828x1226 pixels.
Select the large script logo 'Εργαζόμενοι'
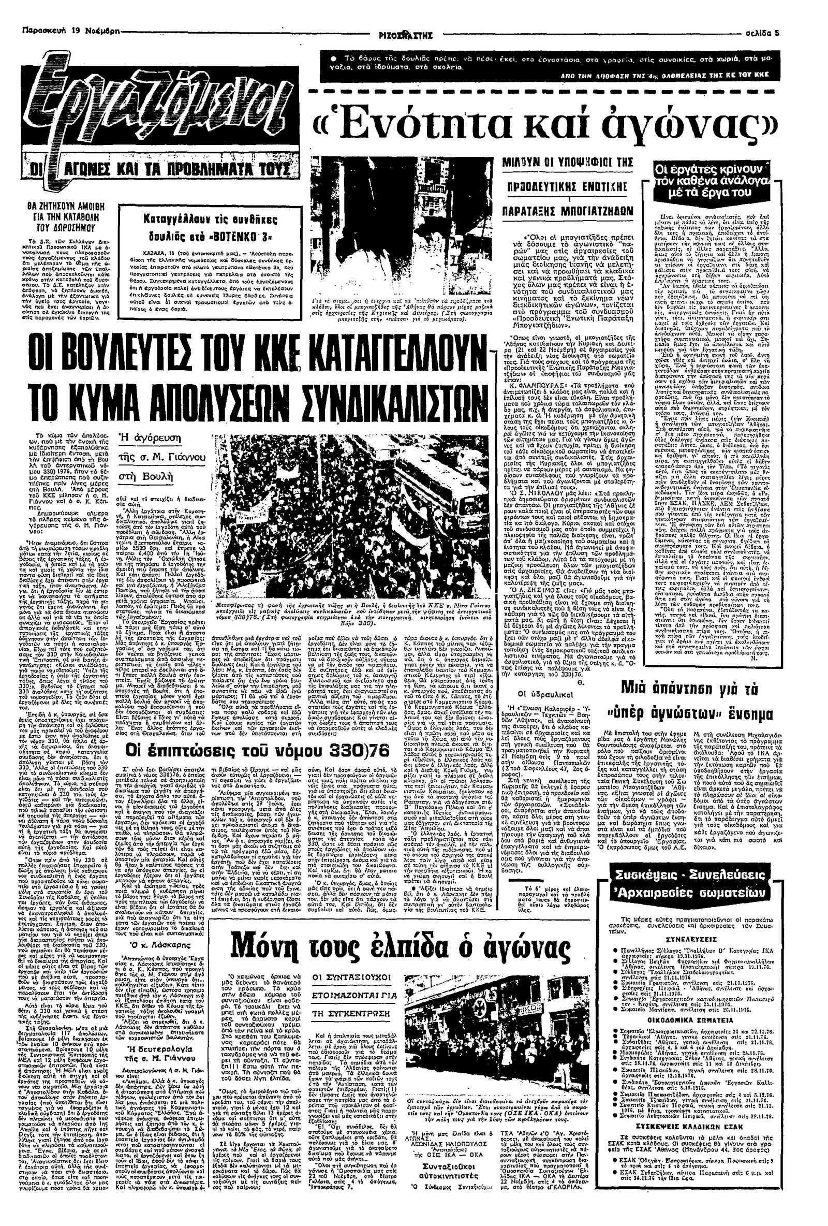pos(158,106)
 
